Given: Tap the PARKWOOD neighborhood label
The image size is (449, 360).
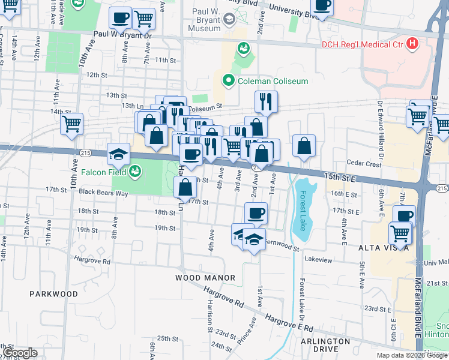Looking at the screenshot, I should point(53,294).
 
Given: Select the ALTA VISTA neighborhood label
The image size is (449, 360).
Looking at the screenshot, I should point(384,248).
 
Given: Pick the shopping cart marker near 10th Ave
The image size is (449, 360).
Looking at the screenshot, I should point(71,124).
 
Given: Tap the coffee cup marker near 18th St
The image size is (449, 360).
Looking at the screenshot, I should point(256,213).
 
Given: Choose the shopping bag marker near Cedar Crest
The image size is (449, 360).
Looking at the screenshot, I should point(304,145).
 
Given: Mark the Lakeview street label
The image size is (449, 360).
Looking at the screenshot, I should point(318,259).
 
